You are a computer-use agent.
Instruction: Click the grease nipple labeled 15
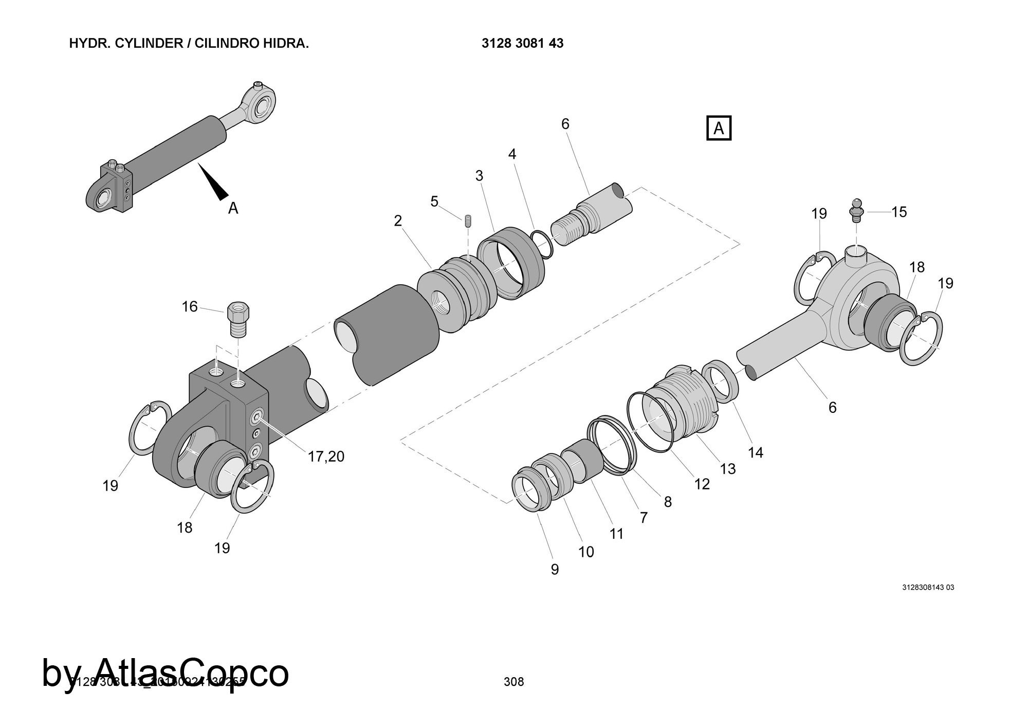856,210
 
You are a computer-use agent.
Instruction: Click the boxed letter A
719,128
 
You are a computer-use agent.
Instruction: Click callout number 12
702,484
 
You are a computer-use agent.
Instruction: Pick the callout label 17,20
326,456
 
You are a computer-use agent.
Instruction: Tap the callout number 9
555,569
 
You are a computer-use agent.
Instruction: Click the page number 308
514,682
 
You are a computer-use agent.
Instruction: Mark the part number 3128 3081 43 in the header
522,43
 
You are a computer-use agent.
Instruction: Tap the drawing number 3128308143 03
928,588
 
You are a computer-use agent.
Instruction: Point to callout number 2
398,221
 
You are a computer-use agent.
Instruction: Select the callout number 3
479,176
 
